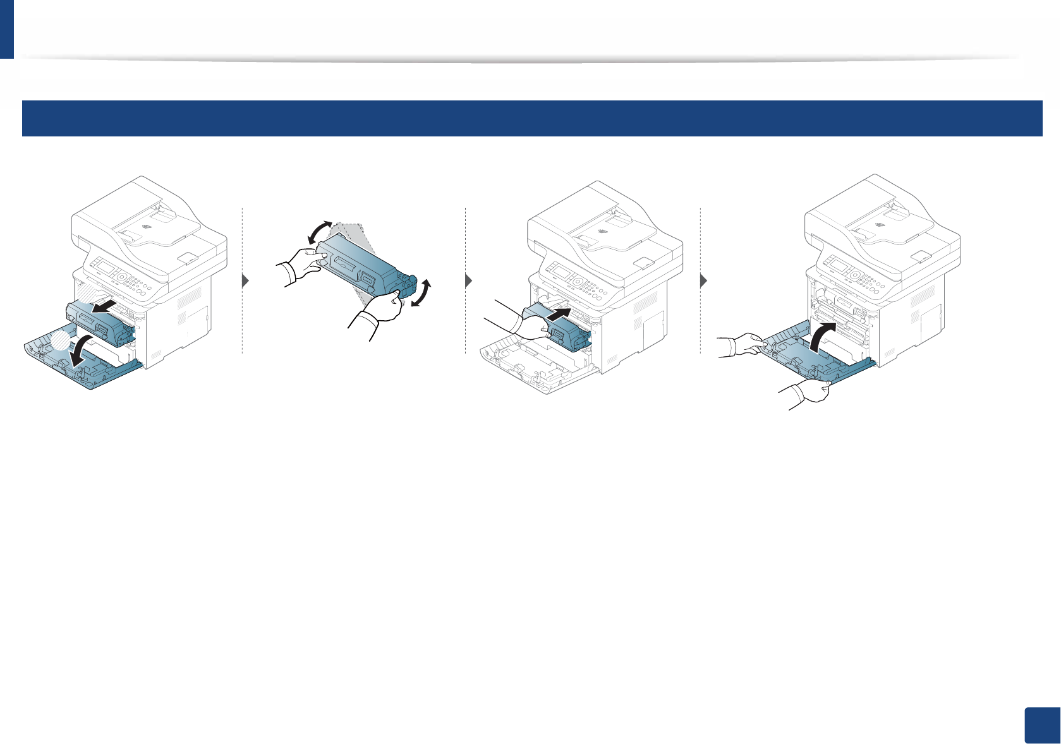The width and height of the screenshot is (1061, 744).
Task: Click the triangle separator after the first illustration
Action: (x=246, y=282)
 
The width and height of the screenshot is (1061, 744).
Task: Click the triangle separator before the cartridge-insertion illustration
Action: (x=468, y=282)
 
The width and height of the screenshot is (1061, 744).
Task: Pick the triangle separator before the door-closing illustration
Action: (x=703, y=282)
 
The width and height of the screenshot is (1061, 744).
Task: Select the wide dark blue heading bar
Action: (x=531, y=118)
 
